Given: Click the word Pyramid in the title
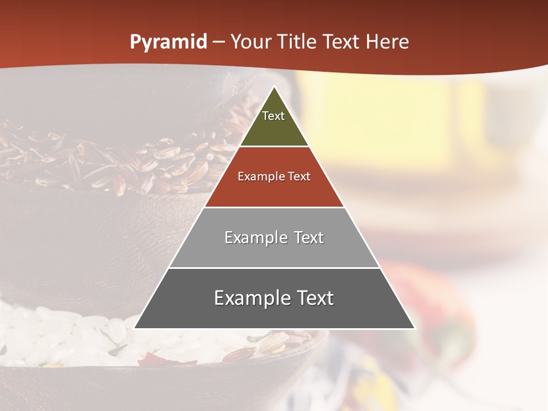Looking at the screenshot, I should [168, 42].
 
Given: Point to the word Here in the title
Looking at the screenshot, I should [387, 42].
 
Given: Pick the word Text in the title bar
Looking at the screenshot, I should [342, 42].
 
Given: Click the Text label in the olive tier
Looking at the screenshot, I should [273, 116].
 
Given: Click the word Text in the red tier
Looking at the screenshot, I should [299, 177].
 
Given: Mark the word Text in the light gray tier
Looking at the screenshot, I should [309, 237].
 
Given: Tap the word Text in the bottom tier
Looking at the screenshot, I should [315, 298].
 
